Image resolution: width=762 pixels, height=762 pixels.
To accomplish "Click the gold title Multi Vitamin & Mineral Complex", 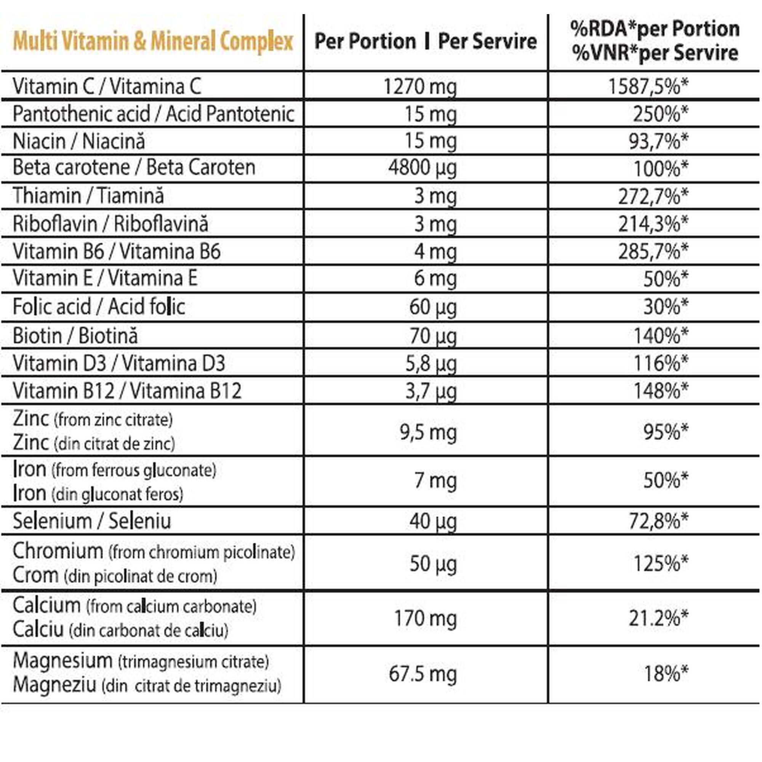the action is (153, 42).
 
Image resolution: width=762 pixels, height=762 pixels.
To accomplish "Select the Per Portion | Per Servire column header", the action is (426, 41).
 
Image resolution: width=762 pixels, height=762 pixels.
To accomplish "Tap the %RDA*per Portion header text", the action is (655, 29).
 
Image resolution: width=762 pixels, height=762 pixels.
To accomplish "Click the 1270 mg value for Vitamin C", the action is (420, 86).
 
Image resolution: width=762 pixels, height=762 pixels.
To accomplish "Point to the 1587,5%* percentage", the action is (648, 86).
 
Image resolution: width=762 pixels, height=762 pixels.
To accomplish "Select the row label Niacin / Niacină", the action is (79, 141).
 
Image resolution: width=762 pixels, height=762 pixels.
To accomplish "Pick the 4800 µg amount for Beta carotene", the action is (423, 168).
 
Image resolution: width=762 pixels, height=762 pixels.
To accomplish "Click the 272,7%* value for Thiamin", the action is (653, 196).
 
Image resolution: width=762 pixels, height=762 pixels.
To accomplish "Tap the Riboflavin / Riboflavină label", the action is (110, 224).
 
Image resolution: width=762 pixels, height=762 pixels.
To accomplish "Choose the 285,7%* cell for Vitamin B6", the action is (653, 251).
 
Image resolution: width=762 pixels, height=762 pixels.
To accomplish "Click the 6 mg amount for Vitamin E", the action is (435, 279).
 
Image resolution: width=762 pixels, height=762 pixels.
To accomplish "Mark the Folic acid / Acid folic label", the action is (99, 306).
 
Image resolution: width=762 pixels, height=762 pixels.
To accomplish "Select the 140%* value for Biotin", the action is (661, 336).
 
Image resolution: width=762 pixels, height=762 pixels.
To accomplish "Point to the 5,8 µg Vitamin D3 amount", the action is (431, 363).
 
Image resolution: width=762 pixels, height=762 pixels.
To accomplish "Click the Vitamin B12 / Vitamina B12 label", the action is (127, 391).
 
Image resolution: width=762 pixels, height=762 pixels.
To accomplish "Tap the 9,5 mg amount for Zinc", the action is (428, 433).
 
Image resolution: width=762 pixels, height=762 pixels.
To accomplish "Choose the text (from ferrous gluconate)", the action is (134, 471).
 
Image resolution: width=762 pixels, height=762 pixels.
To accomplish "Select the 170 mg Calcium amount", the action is (426, 618).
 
